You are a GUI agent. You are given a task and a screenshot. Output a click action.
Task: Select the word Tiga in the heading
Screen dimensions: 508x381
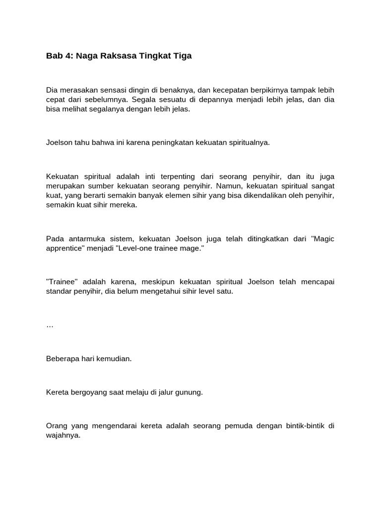pyautogui.click(x=182, y=56)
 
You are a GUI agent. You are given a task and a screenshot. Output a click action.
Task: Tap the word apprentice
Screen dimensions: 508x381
pyautogui.click(x=64, y=248)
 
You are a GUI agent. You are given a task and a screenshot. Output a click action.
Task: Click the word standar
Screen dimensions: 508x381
pyautogui.click(x=60, y=291)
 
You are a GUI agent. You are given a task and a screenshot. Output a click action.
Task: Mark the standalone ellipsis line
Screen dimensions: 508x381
pyautogui.click(x=50, y=326)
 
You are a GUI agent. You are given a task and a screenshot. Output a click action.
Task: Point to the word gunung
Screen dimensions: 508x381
pyautogui.click(x=189, y=392)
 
